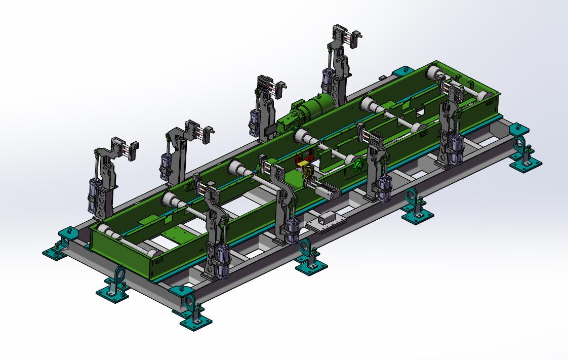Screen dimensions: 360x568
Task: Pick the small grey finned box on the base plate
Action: (327, 219)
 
